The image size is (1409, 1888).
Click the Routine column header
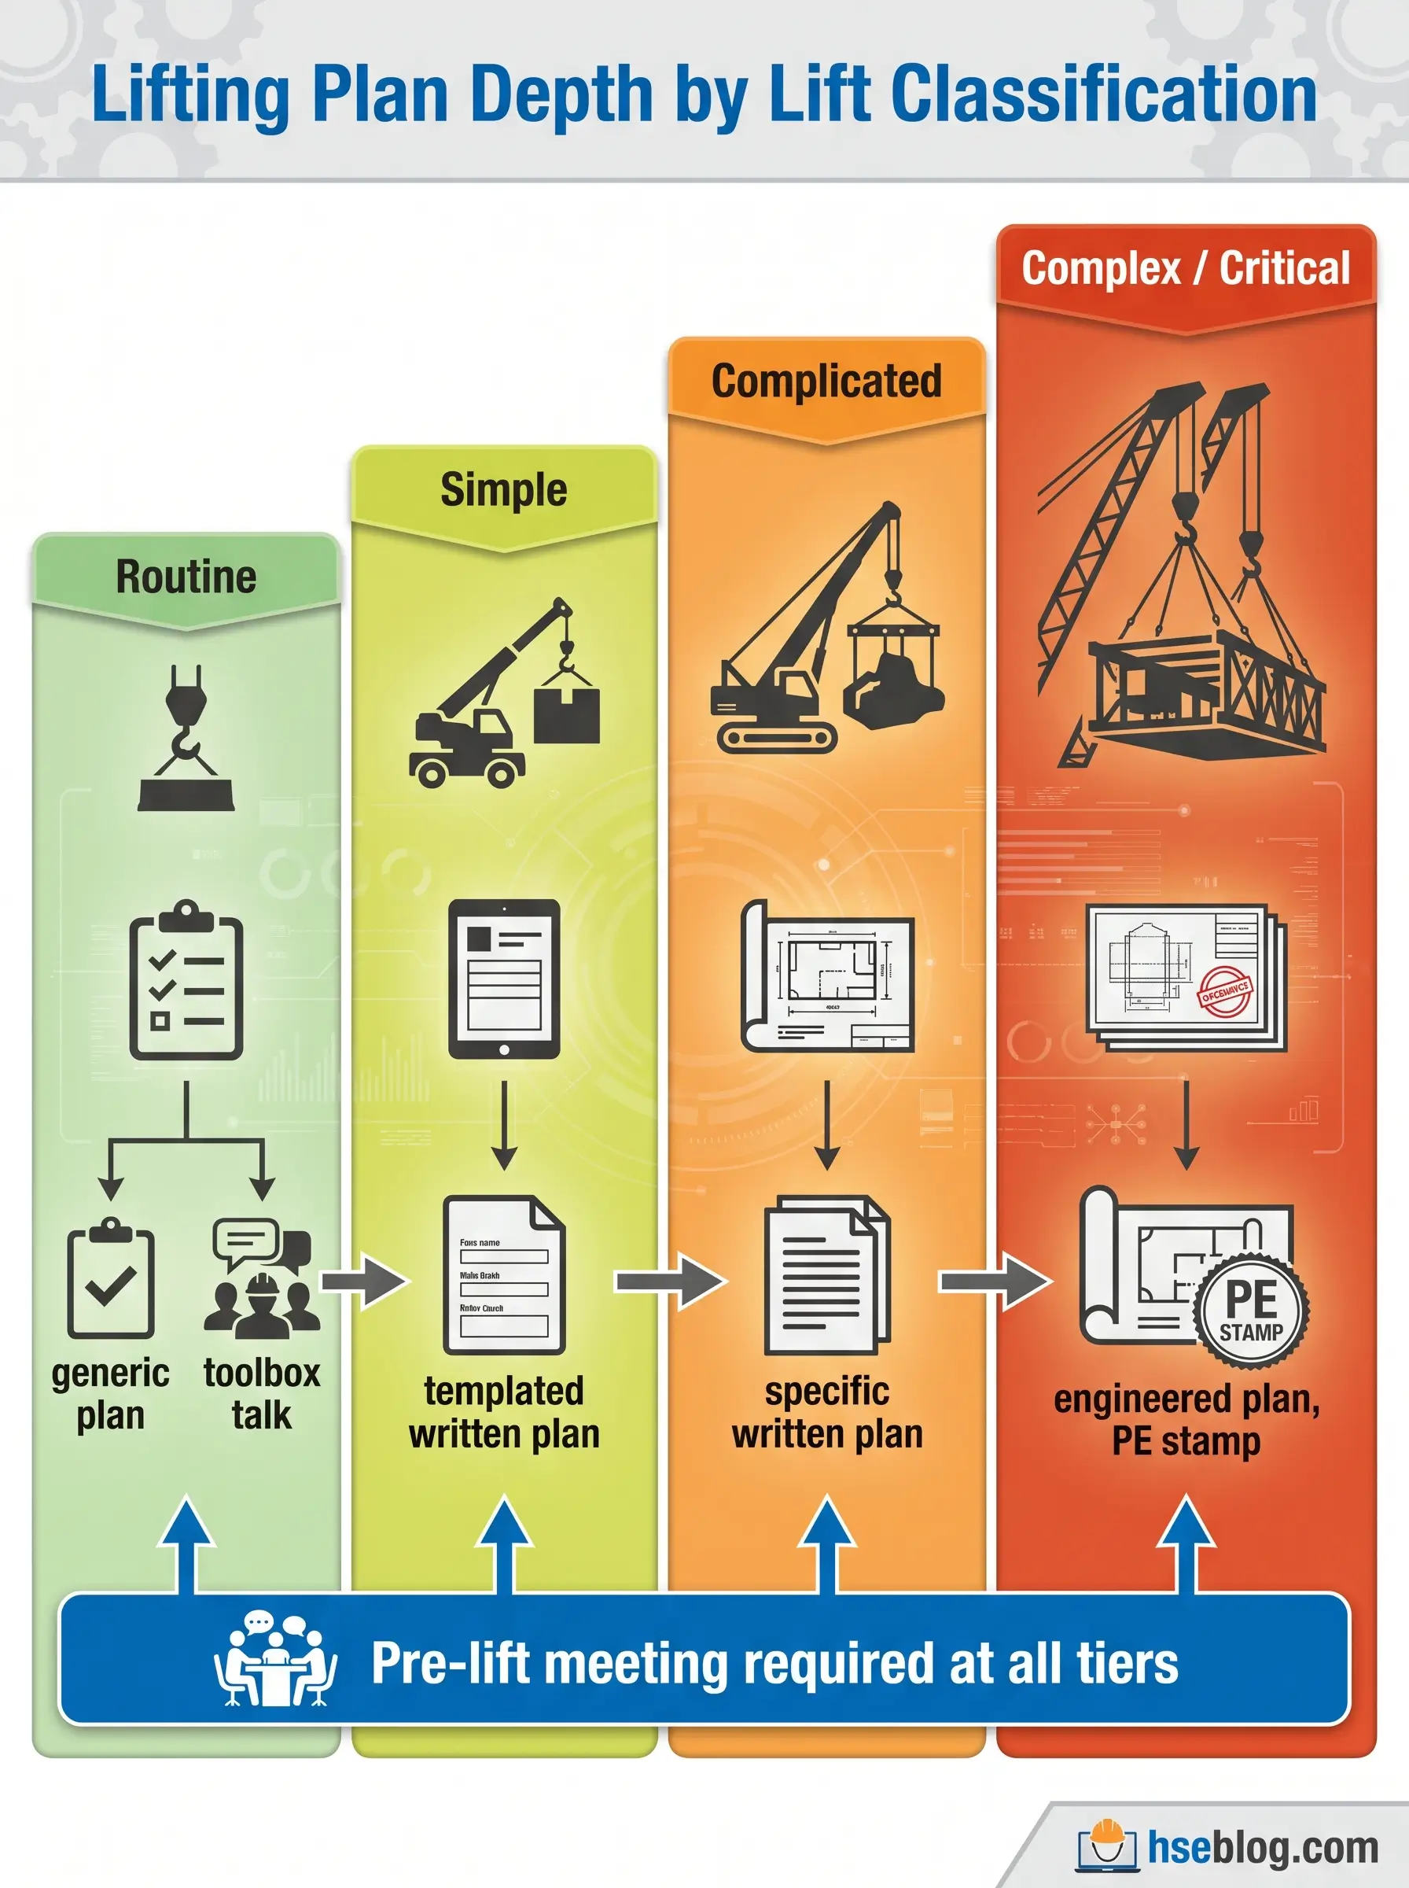click(186, 577)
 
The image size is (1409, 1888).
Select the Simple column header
click(503, 490)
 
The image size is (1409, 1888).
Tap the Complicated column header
click(826, 382)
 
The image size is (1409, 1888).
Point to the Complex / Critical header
click(1186, 269)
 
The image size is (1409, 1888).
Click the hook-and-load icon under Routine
click(186, 739)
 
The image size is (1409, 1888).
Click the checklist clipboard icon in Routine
click(186, 981)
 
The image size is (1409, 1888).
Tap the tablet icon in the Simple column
click(504, 979)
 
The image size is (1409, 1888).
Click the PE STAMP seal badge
click(1250, 1311)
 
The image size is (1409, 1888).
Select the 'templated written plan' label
click(504, 1412)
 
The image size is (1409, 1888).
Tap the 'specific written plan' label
click(827, 1412)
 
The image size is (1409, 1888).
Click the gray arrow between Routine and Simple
click(364, 1281)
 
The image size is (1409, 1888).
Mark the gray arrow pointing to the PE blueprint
click(995, 1281)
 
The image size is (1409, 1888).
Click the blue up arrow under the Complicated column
click(827, 1545)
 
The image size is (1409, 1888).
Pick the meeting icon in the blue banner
click(274, 1660)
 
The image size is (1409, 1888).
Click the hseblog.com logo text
click(1262, 1848)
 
